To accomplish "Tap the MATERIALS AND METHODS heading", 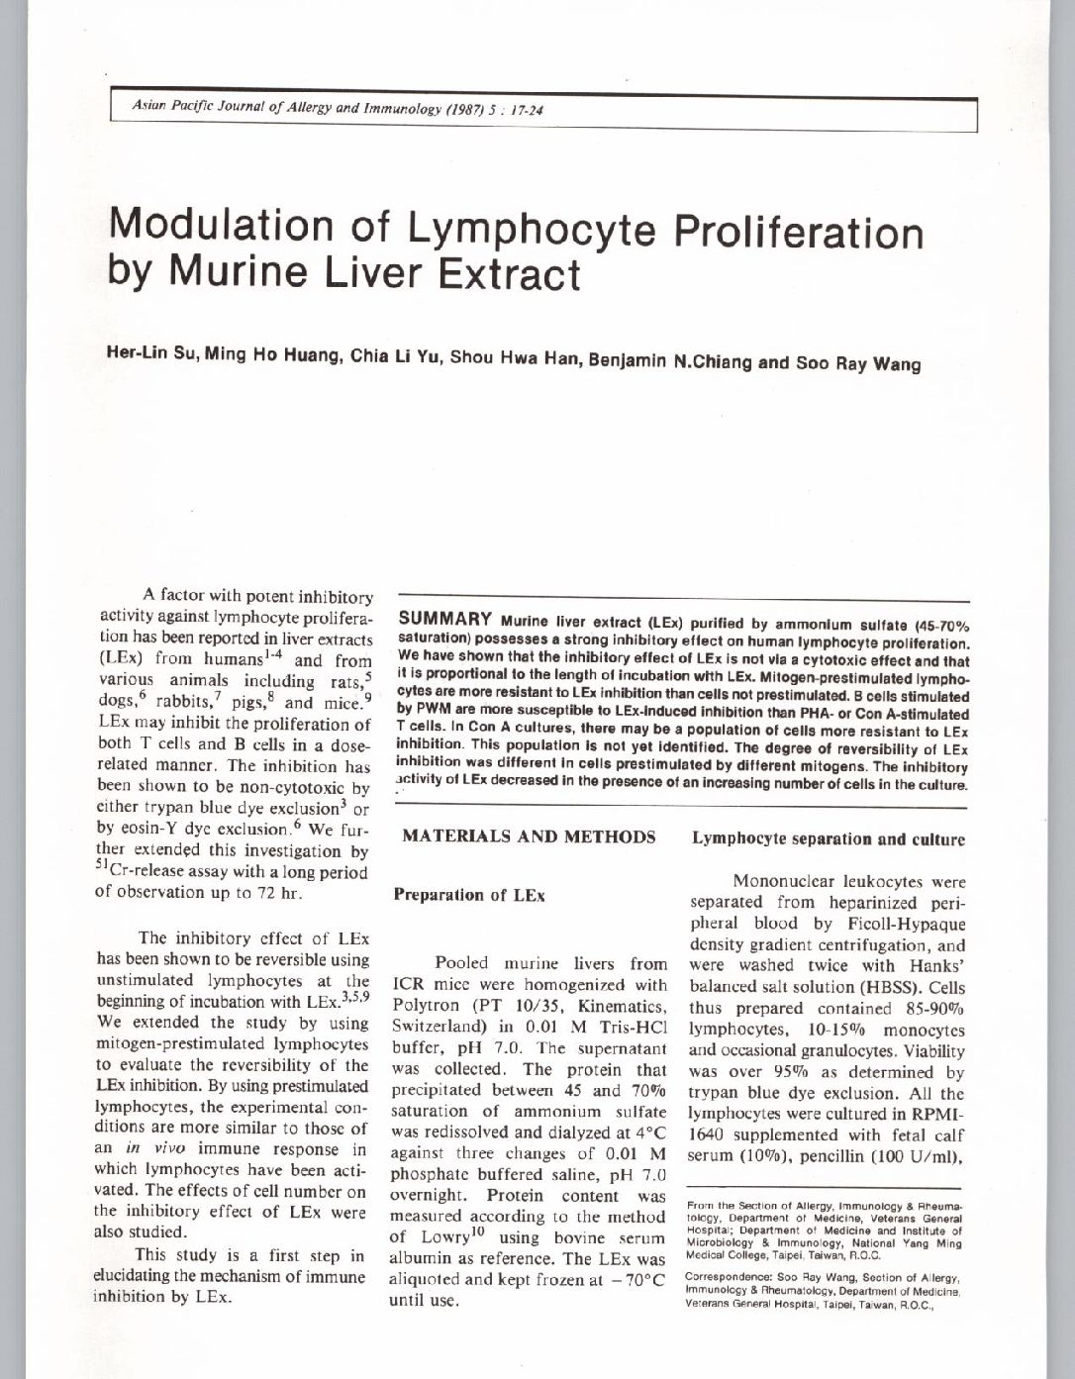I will [529, 837].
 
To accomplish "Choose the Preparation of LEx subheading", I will [469, 895].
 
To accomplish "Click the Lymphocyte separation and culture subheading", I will [828, 839].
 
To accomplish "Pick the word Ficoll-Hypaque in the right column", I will [903, 924].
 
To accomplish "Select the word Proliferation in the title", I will [798, 234].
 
